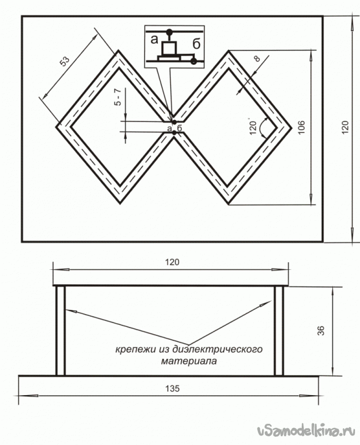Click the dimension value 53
point(65,61)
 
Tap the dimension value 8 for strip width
point(256,58)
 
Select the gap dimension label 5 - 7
point(118,97)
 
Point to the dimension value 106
point(301,127)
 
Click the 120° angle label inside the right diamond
point(253,127)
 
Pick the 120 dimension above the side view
point(172,262)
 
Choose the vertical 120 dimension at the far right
point(344,127)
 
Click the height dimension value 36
point(321,331)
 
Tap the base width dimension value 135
point(172,388)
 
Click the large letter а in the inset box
point(154,39)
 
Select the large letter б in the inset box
point(196,44)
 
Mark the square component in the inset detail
point(169,48)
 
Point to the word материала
point(189,361)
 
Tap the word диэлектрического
point(218,349)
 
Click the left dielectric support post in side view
point(60,331)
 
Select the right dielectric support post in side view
point(279,331)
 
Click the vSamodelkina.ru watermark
point(306,431)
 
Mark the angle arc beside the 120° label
point(264,127)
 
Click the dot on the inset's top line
point(169,31)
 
